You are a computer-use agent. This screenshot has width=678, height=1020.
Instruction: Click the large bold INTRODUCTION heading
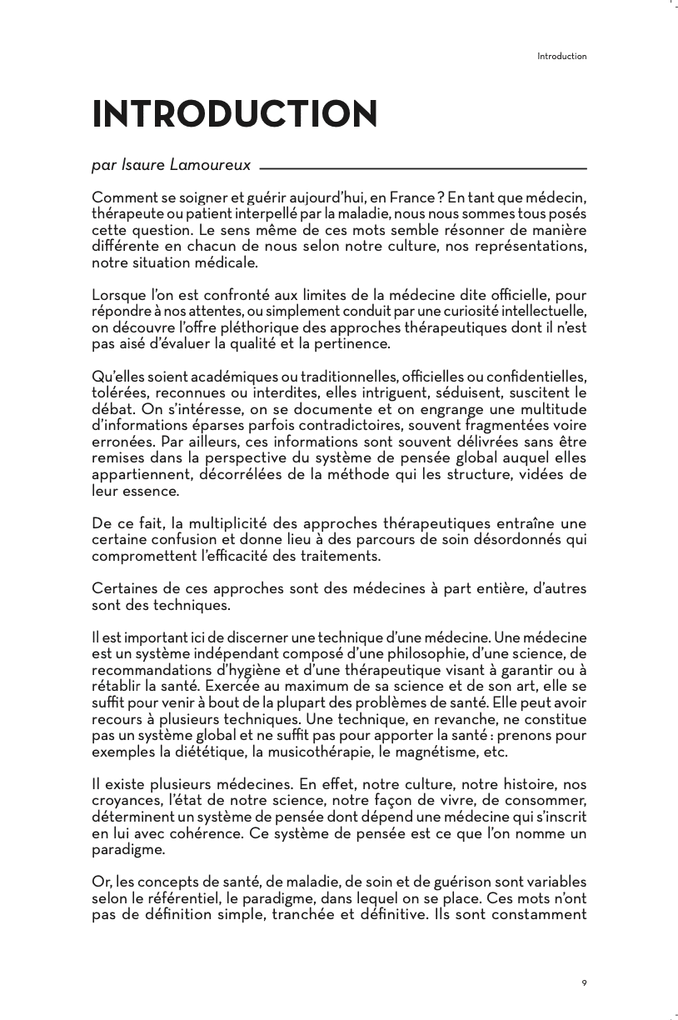tap(235, 115)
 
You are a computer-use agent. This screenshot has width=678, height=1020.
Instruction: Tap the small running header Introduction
tap(562, 57)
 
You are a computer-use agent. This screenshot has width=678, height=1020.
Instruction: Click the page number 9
tap(584, 983)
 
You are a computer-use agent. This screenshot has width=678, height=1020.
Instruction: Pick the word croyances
tap(122, 800)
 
